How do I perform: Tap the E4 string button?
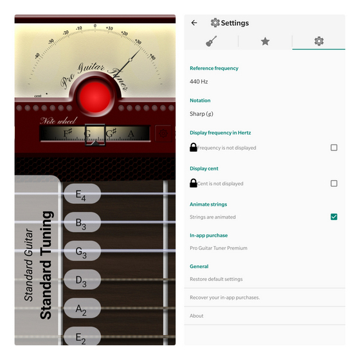click(x=82, y=195)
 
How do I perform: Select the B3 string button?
click(x=82, y=223)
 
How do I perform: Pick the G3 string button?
click(x=82, y=252)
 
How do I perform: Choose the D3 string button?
click(x=82, y=280)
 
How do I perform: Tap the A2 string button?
click(x=82, y=309)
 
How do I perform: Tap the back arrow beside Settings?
click(x=194, y=22)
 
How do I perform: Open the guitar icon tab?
click(x=211, y=41)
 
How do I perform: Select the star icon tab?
click(x=265, y=41)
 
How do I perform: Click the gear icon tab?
click(x=319, y=41)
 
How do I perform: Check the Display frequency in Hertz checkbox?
click(x=334, y=148)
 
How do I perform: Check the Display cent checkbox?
click(x=334, y=184)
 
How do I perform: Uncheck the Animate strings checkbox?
click(x=334, y=217)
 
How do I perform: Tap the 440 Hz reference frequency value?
click(x=199, y=82)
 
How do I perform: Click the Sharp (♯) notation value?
click(x=201, y=114)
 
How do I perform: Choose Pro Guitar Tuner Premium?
click(x=219, y=248)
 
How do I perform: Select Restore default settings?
click(x=216, y=279)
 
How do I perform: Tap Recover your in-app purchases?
click(x=224, y=298)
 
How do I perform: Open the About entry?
click(x=197, y=316)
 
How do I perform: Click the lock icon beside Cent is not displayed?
click(x=194, y=184)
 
